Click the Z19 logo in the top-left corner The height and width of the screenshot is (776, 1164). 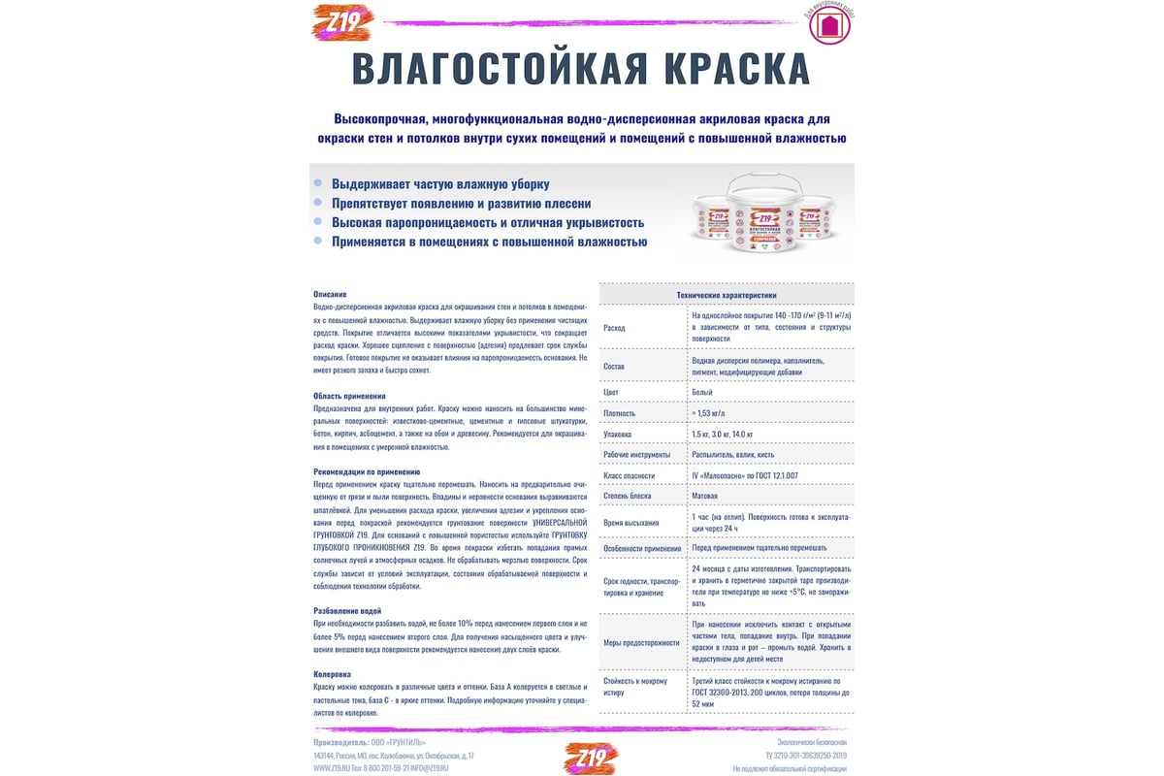click(x=341, y=22)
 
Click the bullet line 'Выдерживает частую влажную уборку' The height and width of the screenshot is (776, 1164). click(x=440, y=183)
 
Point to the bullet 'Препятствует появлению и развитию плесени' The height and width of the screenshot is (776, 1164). click(x=461, y=203)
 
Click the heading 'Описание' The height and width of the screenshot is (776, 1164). click(x=330, y=294)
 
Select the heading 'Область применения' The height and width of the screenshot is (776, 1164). click(x=349, y=396)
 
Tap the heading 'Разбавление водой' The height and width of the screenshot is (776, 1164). click(x=347, y=610)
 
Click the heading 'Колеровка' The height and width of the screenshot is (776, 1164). click(x=332, y=673)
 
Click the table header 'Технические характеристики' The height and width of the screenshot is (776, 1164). click(x=727, y=295)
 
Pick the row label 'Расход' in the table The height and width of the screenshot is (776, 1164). click(x=614, y=328)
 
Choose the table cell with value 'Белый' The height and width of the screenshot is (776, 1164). click(x=702, y=392)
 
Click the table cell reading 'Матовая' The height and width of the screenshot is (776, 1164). click(x=707, y=496)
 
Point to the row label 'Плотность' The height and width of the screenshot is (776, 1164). click(x=620, y=412)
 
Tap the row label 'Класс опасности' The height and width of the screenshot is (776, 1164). click(x=629, y=475)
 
